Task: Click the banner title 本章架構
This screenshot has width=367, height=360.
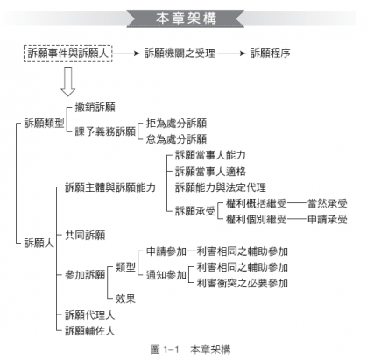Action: (186, 18)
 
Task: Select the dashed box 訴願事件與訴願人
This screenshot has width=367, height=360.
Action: (68, 53)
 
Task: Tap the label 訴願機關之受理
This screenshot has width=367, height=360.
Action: (180, 53)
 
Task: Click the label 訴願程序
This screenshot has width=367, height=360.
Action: (270, 53)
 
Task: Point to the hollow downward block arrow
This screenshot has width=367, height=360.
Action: (67, 82)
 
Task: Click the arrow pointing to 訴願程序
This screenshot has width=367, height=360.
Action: (232, 53)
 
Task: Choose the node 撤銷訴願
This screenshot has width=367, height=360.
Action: (95, 108)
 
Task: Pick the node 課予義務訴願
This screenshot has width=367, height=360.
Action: (105, 131)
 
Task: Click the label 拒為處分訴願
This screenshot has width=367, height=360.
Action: (176, 124)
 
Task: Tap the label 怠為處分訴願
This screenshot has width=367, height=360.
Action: (176, 139)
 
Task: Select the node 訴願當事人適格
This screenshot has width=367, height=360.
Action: (210, 172)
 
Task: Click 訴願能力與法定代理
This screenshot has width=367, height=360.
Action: (221, 187)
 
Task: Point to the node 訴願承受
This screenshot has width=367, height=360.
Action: (195, 211)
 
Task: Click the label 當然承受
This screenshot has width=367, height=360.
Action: (328, 203)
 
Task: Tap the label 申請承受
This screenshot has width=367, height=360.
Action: (328, 219)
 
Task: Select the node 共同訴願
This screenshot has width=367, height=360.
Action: (85, 235)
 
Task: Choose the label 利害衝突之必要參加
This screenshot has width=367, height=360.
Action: (243, 283)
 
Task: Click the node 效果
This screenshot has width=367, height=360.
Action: (125, 299)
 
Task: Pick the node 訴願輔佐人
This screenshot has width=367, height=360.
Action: (90, 331)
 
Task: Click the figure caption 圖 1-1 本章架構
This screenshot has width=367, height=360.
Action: (190, 349)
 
